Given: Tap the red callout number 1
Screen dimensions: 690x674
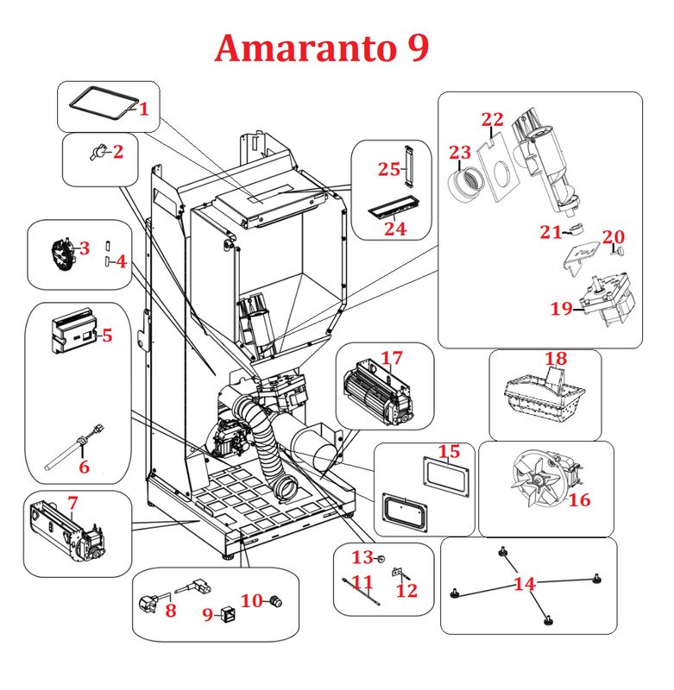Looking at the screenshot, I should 144,110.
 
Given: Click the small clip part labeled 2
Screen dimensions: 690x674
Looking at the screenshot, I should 100,153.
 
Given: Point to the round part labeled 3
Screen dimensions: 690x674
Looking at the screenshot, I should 61,254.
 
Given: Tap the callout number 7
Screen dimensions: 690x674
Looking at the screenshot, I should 72,502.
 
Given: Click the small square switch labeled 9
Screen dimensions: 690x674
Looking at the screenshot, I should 229,614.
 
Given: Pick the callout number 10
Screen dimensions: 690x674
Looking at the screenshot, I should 252,600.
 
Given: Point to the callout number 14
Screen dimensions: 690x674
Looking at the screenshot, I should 524,584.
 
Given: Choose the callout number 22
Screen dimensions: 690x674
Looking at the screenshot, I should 492,119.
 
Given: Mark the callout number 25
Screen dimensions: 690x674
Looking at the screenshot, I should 388,169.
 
